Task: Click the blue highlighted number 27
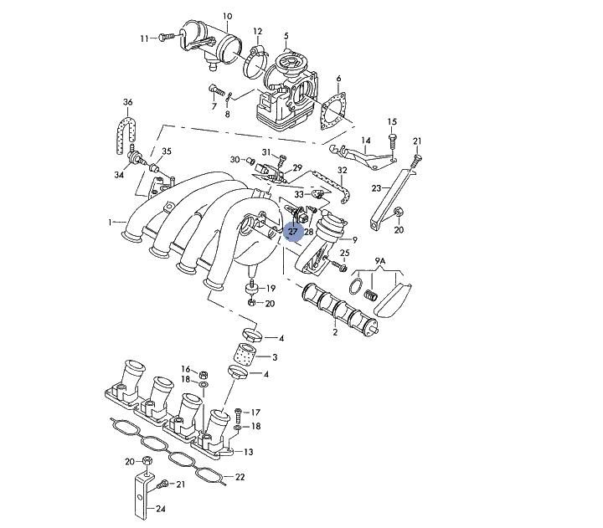pyautogui.click(x=293, y=231)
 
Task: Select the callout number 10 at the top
pyautogui.click(x=227, y=17)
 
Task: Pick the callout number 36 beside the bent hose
pyautogui.click(x=127, y=102)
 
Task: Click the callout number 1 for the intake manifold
pyautogui.click(x=109, y=222)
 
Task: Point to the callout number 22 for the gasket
pyautogui.click(x=240, y=477)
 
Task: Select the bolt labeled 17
pyautogui.click(x=239, y=413)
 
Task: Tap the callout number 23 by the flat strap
pyautogui.click(x=377, y=187)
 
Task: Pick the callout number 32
pyautogui.click(x=342, y=170)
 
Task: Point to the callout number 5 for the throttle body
pyautogui.click(x=286, y=35)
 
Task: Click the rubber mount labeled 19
pyautogui.click(x=250, y=289)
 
